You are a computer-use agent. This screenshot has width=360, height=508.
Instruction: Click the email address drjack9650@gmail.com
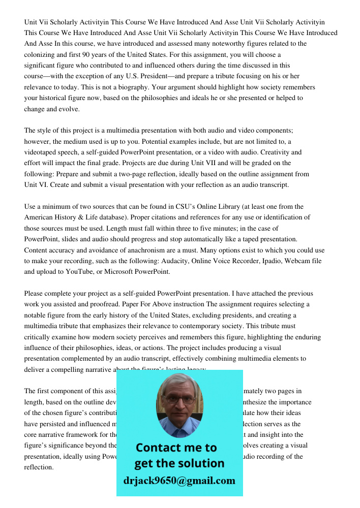click(x=179, y=481)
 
